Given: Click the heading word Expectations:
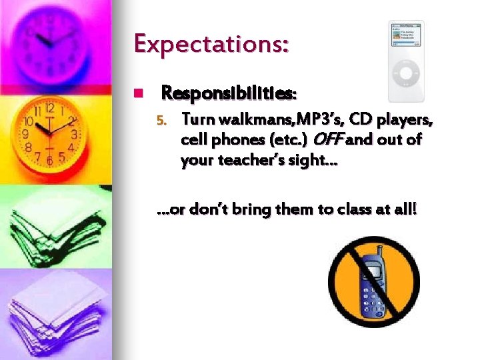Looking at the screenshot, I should [x=211, y=43].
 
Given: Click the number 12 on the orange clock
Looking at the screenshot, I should [x=49, y=107].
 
